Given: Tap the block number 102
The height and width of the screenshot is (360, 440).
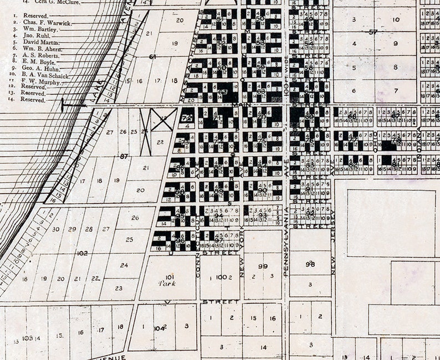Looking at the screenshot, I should coord(82,253).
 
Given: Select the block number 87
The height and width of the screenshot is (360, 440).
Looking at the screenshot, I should coord(124,157).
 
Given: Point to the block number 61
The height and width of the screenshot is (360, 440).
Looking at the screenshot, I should coord(153,56).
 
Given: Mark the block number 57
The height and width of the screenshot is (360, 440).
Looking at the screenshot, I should coord(373,32).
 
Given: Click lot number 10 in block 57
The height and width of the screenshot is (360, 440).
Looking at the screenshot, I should coord(395,20).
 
